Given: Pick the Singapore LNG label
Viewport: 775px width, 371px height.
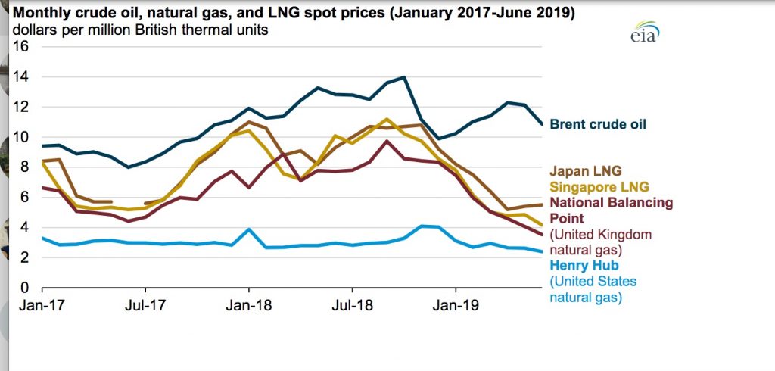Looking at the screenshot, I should point(599,186).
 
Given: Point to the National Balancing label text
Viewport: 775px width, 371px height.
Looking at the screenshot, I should point(611,203).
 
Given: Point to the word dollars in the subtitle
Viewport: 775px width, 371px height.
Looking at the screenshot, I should point(30,30).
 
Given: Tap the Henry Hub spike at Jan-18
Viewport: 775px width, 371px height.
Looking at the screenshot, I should point(249,229).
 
